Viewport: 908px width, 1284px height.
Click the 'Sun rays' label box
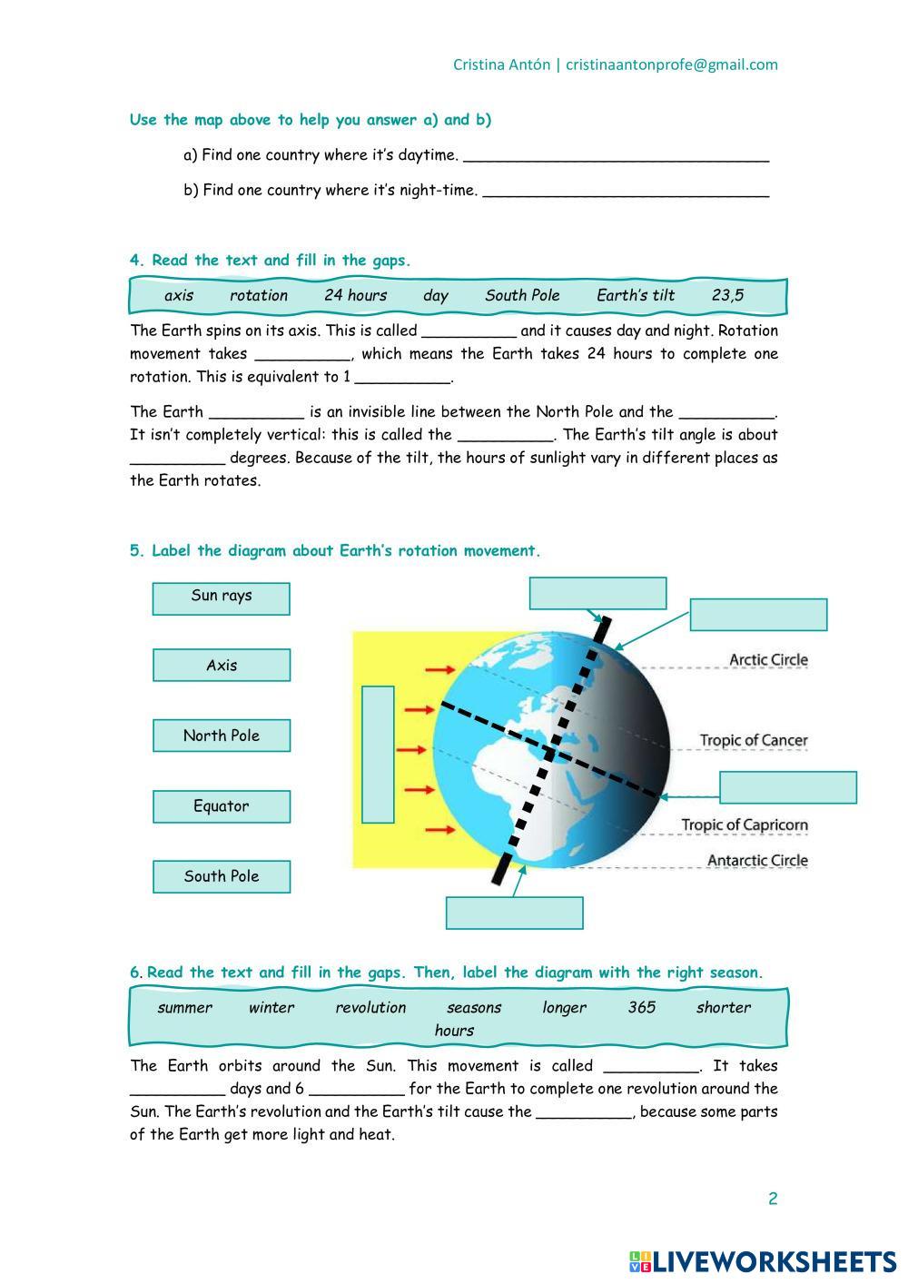click(222, 598)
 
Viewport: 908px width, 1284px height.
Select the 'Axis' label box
click(222, 666)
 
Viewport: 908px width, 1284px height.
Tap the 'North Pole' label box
click(222, 736)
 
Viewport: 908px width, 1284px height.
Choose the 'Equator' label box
click(222, 806)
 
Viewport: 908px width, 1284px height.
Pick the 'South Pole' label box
click(222, 876)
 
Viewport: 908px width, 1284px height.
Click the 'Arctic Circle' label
click(768, 660)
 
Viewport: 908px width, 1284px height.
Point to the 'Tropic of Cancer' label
click(753, 741)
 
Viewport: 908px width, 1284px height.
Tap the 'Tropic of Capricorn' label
click(745, 825)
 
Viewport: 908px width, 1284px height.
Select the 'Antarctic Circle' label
click(757, 861)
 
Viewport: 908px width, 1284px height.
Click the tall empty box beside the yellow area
click(378, 755)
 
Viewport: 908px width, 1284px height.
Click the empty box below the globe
click(514, 913)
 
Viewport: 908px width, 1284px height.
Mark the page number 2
click(773, 1199)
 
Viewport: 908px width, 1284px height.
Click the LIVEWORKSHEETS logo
click(762, 1260)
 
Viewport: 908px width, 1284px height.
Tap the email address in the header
click(672, 64)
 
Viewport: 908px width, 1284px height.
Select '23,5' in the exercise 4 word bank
click(727, 295)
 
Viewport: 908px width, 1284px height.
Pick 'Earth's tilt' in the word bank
click(636, 295)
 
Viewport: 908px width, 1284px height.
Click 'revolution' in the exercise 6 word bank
click(370, 1007)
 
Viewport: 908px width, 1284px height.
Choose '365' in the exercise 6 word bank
click(641, 1007)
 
